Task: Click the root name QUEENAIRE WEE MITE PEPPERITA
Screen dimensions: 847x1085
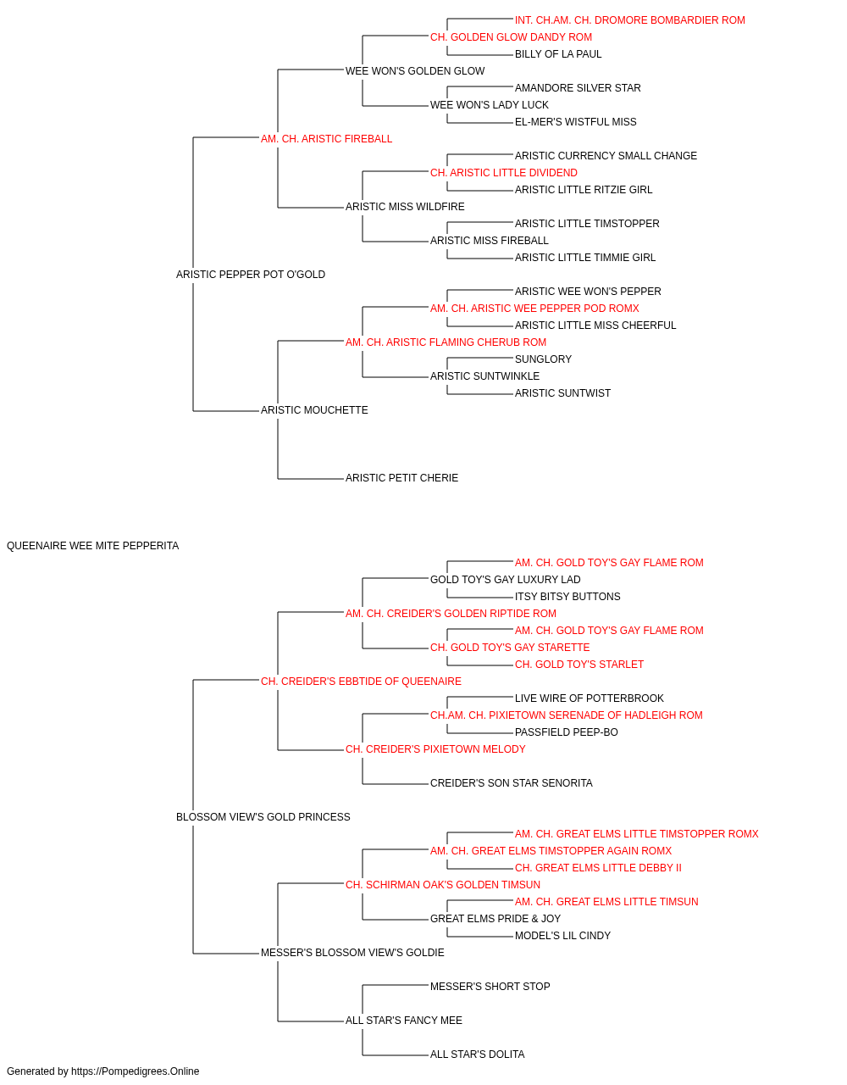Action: pos(93,546)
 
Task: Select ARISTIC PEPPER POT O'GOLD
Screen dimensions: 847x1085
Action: pos(251,275)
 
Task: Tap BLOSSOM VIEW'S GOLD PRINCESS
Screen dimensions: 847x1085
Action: pos(263,817)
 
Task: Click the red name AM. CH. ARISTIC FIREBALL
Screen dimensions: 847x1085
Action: pos(326,139)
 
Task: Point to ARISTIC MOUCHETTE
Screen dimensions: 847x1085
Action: pos(314,410)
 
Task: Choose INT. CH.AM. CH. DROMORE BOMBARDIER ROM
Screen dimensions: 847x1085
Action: pos(629,20)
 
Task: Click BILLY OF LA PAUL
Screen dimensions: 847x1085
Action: pos(557,54)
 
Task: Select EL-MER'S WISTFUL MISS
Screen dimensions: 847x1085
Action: pos(575,122)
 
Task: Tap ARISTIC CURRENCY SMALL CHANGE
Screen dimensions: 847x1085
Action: pos(606,156)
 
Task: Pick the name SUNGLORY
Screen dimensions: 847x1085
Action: pos(543,359)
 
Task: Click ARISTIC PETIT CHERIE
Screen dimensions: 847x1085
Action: pos(401,478)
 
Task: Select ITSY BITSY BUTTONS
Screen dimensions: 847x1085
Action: pos(567,596)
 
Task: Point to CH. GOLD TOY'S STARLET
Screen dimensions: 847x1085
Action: pos(579,664)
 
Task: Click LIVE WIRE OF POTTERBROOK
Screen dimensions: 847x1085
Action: pos(590,698)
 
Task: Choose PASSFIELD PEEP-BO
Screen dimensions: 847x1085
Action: pos(566,732)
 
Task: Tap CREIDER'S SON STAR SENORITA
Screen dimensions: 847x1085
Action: pos(512,783)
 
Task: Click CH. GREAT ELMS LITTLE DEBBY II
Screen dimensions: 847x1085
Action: pos(598,868)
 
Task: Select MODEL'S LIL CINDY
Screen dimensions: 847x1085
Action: pos(562,936)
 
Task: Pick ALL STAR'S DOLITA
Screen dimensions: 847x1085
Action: pos(477,1054)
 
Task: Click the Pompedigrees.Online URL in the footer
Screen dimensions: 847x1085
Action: pos(135,1071)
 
